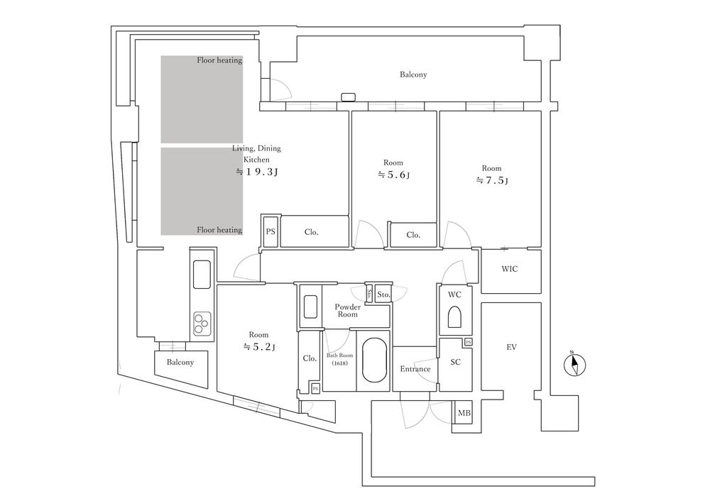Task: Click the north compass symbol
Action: (x=575, y=365)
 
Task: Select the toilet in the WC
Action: (x=454, y=317)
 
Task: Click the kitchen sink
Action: (x=201, y=275)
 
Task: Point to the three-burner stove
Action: (x=201, y=323)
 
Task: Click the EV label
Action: (x=511, y=347)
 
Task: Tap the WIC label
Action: (x=510, y=269)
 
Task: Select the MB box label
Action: (x=464, y=413)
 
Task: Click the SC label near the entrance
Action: (x=456, y=361)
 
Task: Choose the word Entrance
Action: (x=415, y=369)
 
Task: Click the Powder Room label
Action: (x=347, y=310)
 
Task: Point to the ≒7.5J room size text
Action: (x=491, y=180)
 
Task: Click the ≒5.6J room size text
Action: (x=393, y=175)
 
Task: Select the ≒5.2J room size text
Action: (x=258, y=347)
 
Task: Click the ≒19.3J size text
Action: (x=257, y=172)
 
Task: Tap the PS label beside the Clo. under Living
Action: (x=270, y=231)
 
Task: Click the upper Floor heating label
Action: (x=219, y=60)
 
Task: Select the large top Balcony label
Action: (x=413, y=75)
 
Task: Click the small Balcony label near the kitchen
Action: (x=180, y=362)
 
